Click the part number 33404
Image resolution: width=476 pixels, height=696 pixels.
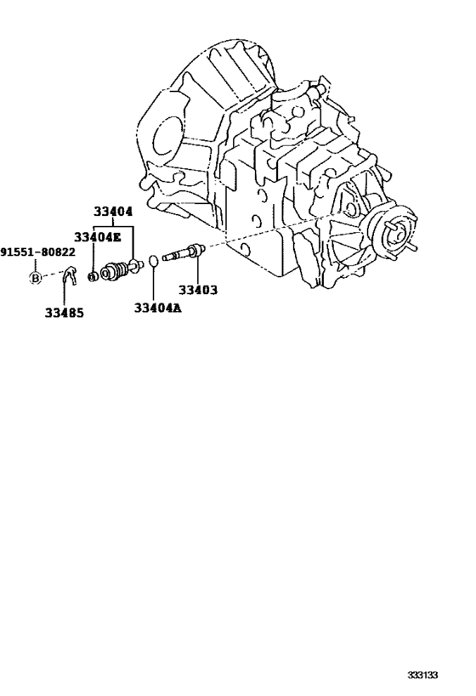click(x=113, y=212)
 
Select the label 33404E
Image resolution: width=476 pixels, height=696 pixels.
click(x=97, y=237)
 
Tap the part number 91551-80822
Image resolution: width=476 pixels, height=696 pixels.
click(x=37, y=252)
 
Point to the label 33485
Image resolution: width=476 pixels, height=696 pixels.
click(x=64, y=313)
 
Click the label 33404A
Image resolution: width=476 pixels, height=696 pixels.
click(x=157, y=308)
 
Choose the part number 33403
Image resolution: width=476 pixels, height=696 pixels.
click(x=198, y=291)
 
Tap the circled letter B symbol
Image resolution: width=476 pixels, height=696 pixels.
click(x=35, y=278)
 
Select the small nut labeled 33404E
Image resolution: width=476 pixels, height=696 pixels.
click(x=93, y=276)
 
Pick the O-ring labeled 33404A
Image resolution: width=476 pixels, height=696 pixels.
click(x=153, y=261)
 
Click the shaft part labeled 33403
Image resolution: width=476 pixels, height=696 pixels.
click(x=183, y=252)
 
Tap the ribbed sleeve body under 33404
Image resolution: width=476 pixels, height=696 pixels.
click(x=115, y=271)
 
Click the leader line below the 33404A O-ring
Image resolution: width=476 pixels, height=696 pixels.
click(x=153, y=285)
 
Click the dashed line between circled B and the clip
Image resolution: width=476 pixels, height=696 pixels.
click(x=52, y=275)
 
